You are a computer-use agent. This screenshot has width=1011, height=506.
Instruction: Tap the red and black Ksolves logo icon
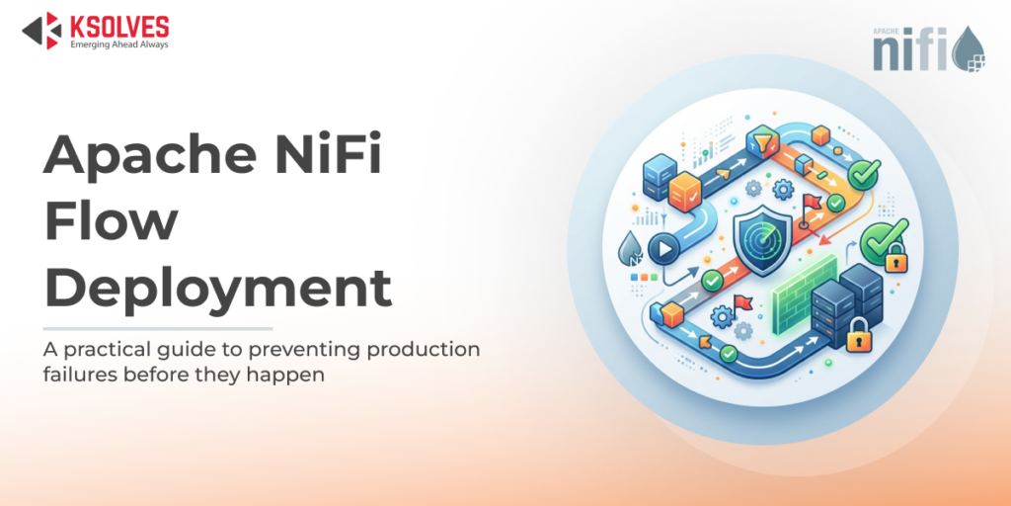click(41, 31)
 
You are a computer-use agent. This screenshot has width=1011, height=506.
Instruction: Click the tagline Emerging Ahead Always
click(118, 44)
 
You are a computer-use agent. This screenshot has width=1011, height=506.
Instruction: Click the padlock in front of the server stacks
click(858, 337)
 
